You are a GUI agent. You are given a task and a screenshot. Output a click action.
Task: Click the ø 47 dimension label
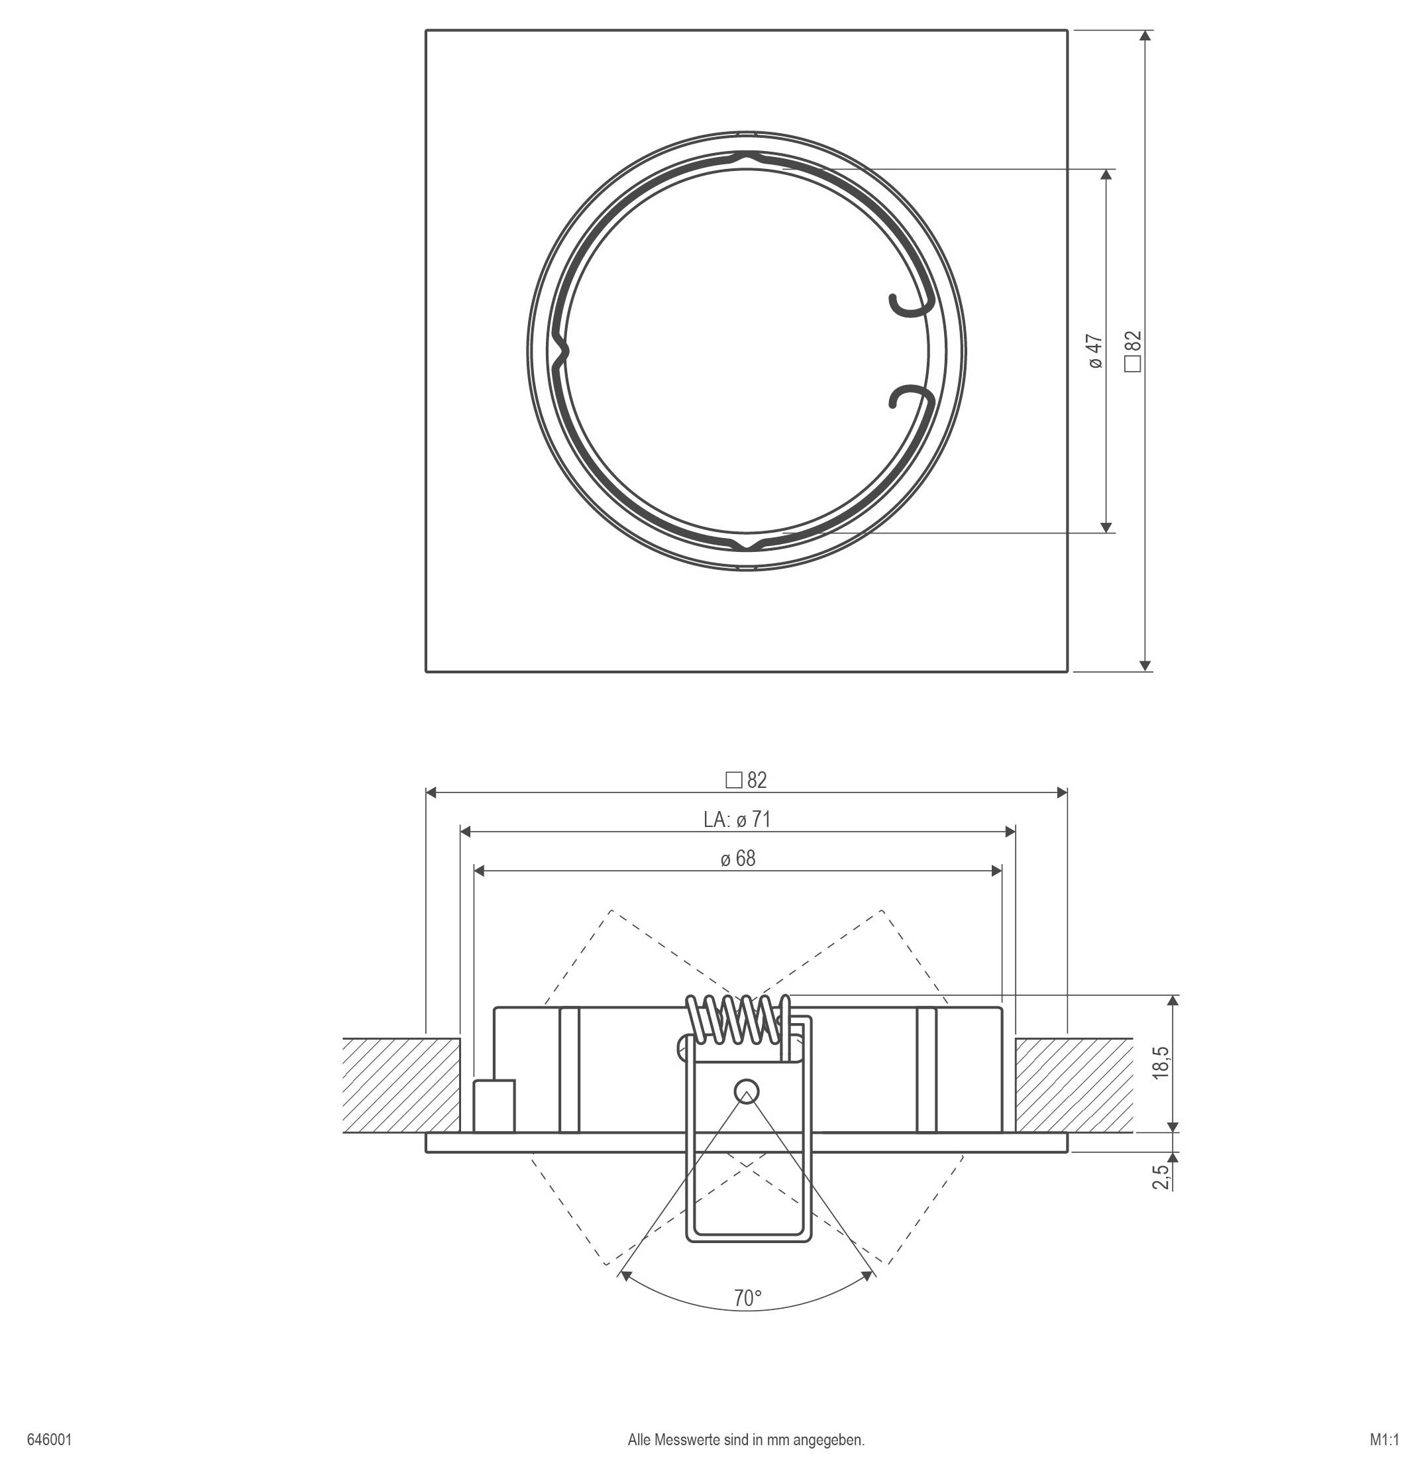coord(1096,352)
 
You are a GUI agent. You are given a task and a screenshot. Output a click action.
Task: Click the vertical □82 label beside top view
coord(1134,351)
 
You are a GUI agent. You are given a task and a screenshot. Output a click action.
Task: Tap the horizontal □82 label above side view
coord(746,781)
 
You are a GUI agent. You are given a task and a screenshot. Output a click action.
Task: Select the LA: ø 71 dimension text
coord(737,819)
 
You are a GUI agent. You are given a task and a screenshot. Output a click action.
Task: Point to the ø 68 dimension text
coord(737,858)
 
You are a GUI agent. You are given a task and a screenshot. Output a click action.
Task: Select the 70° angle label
coord(747,1298)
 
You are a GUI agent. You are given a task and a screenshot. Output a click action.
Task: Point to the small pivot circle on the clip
coord(747,1091)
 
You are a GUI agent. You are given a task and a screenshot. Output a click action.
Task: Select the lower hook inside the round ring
coord(910,396)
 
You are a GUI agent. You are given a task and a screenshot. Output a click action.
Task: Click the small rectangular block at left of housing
coord(494,1105)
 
